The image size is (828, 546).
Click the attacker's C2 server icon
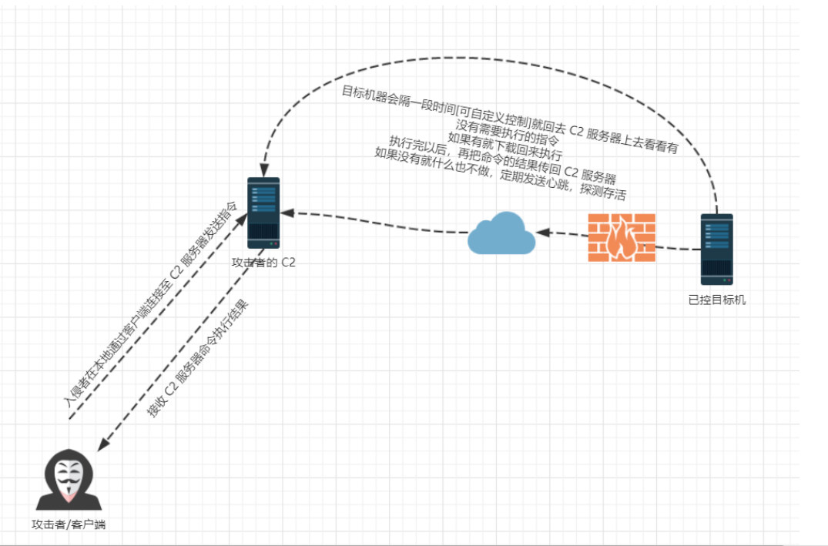pos(263,213)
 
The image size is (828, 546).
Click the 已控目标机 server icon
pos(716,249)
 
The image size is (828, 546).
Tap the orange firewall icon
pos(622,238)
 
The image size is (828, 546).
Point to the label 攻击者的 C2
pos(263,263)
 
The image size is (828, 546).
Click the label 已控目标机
pos(716,300)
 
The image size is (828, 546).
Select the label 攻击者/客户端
pos(69,524)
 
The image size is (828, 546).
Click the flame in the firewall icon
pos(622,240)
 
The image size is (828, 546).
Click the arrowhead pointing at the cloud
pos(543,233)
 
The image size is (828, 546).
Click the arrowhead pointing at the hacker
pos(103,444)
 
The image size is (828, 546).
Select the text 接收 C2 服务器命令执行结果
pos(197,359)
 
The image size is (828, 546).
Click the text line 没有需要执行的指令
pos(507,132)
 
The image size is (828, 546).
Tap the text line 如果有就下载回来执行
pos(505,146)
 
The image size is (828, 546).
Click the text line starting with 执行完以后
pos(502,159)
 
